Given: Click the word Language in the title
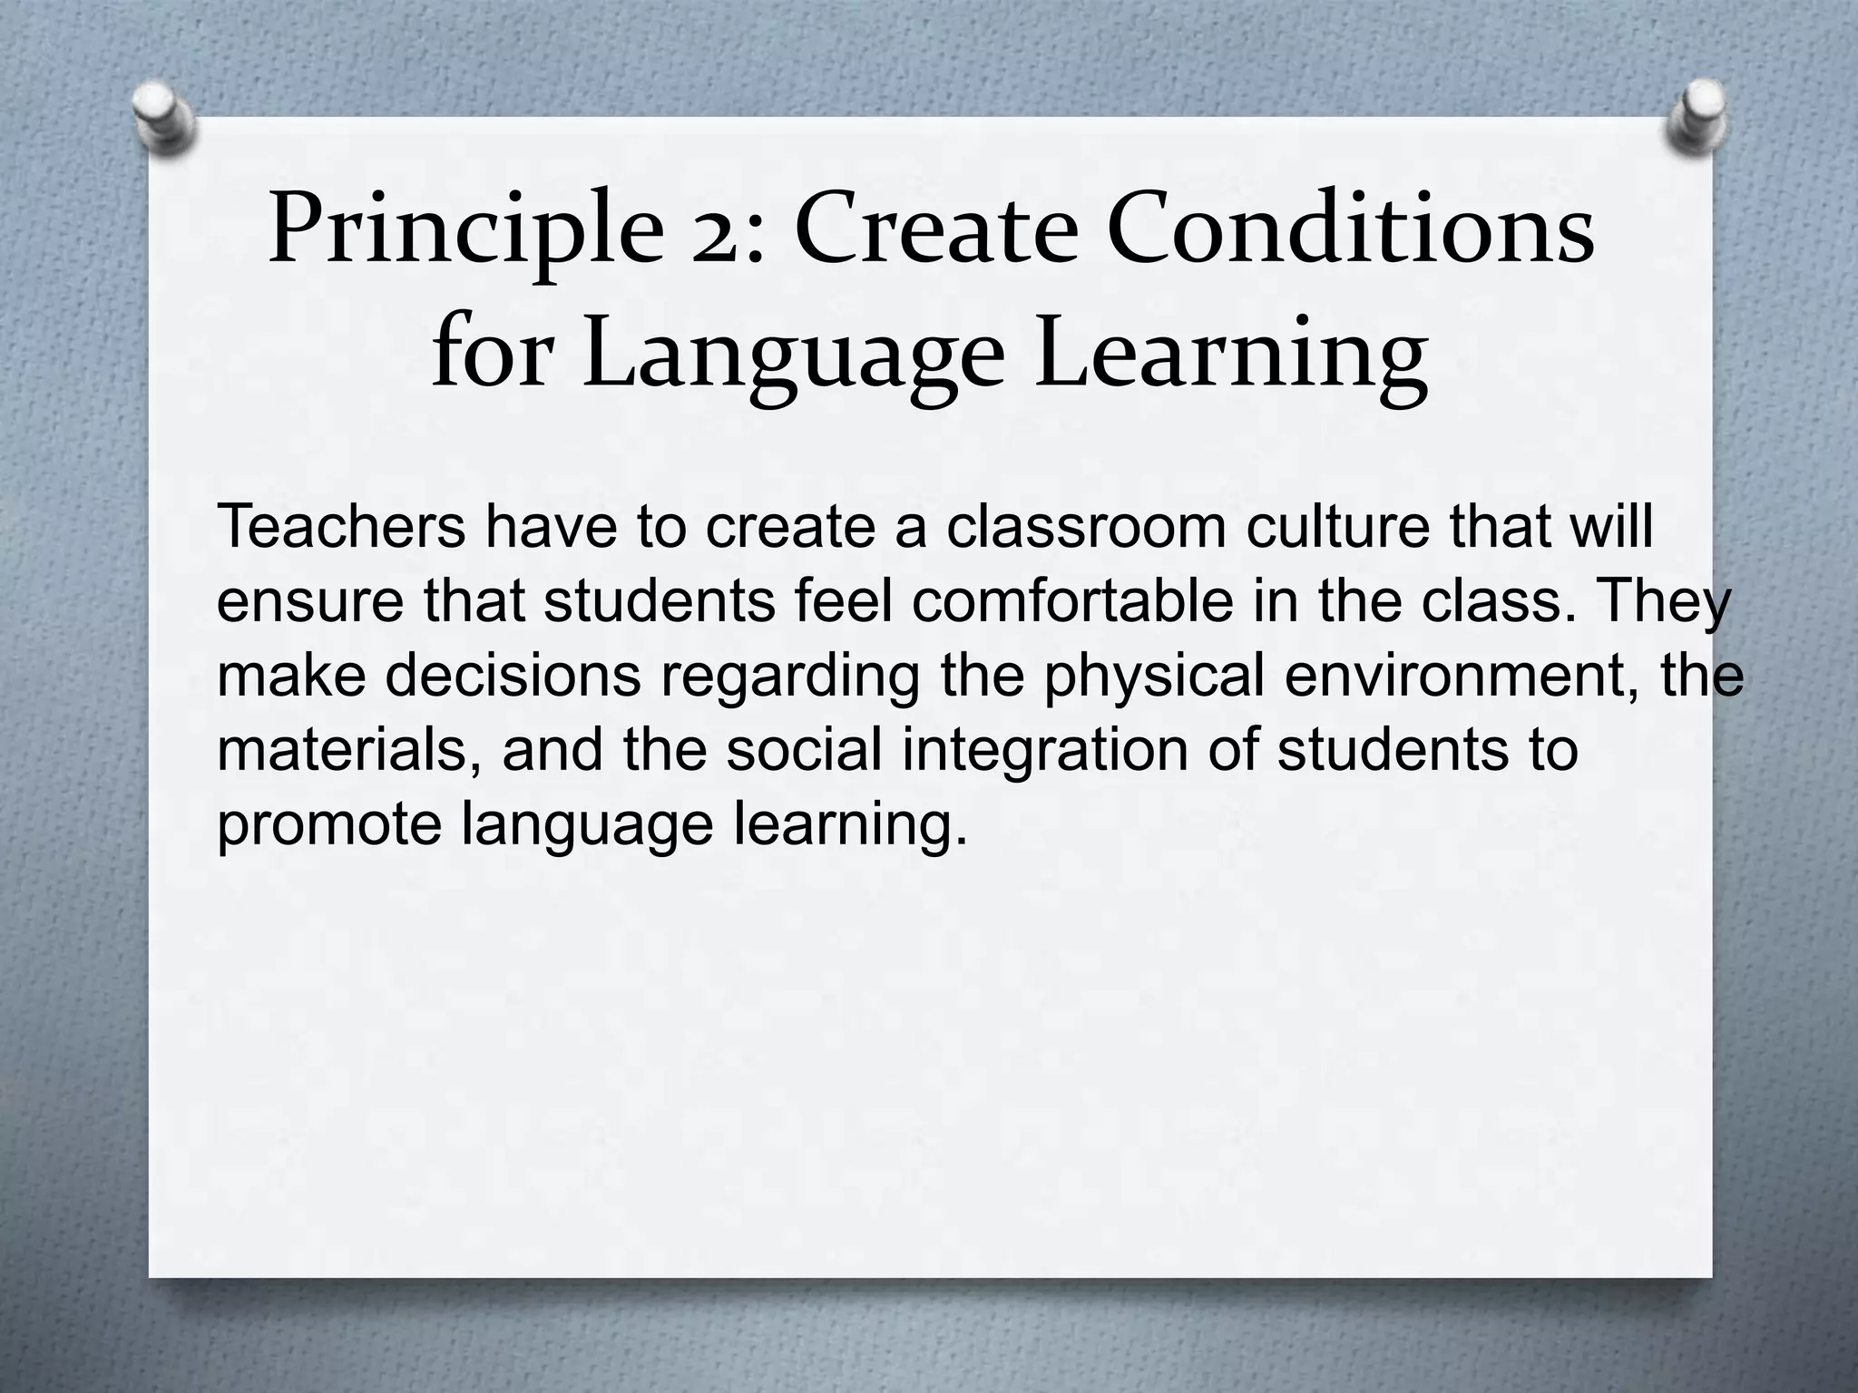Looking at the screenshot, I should coord(795,357).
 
